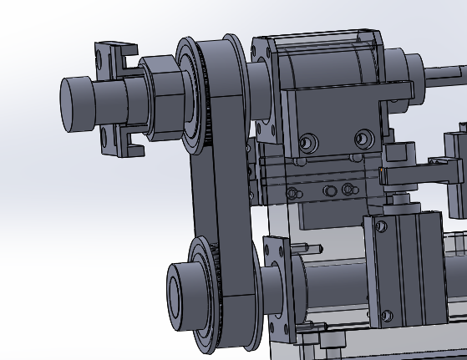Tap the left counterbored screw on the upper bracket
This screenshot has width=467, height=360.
(x=307, y=143)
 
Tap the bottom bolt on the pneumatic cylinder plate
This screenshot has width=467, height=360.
(x=385, y=315)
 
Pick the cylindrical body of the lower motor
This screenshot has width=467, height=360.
(x=334, y=284)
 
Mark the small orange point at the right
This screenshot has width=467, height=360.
(x=381, y=170)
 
